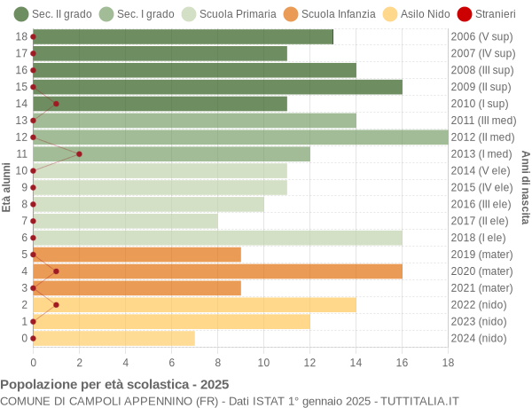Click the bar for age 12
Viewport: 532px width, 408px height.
[x=240, y=137]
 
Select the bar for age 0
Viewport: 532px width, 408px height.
[x=113, y=338]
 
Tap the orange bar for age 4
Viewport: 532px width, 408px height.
[x=217, y=271]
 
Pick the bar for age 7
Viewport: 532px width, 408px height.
[x=125, y=221]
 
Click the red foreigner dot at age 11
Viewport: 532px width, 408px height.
[x=79, y=153]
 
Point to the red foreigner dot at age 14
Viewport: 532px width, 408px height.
[x=56, y=104]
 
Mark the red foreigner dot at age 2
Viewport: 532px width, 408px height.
[x=56, y=304]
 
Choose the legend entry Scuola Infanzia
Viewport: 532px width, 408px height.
[x=329, y=14]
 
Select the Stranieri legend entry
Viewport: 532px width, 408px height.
[x=485, y=14]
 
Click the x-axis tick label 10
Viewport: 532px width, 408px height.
[x=263, y=362]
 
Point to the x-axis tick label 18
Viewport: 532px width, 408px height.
[x=448, y=362]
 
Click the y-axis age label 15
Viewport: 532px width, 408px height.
[x=21, y=87]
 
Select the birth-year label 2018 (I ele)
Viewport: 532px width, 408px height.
[x=481, y=238]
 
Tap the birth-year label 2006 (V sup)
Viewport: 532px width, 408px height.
[x=481, y=36]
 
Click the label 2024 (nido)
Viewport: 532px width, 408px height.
[x=481, y=338]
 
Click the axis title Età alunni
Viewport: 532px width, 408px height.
[x=7, y=187]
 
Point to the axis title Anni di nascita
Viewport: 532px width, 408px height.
[x=525, y=187]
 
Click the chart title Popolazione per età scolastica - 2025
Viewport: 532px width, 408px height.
[x=114, y=385]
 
